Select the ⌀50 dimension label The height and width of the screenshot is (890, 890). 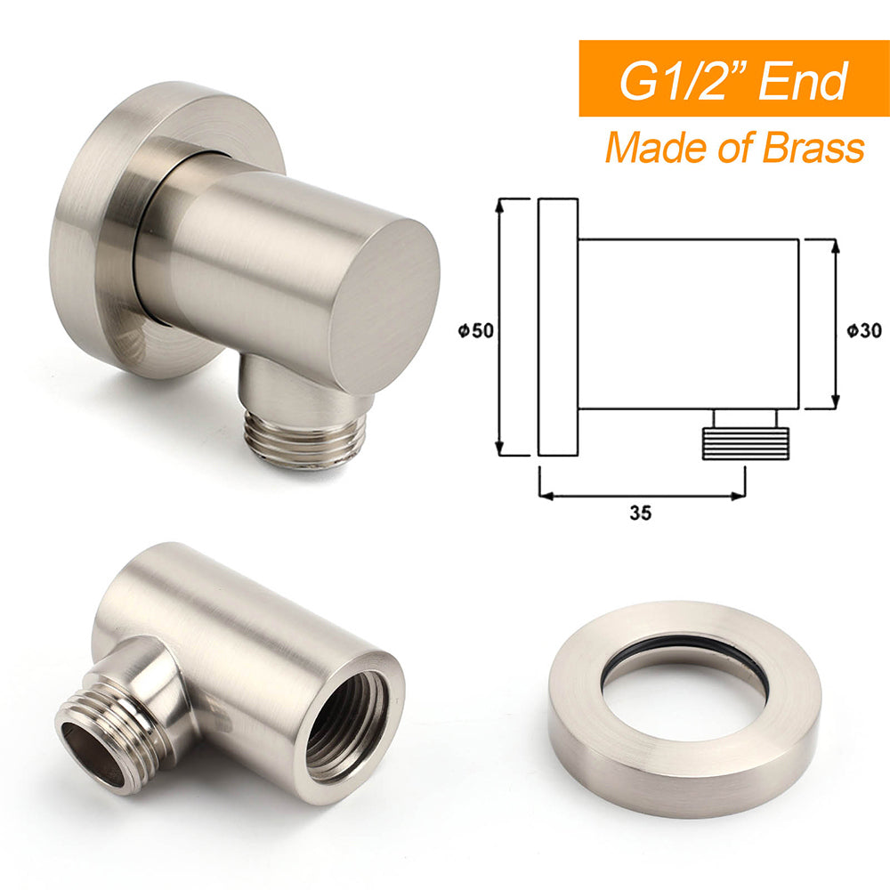(476, 330)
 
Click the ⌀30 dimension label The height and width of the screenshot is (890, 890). (863, 330)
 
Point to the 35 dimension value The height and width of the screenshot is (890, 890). (639, 513)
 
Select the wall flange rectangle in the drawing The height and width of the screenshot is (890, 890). (558, 328)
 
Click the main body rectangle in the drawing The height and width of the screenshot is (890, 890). (688, 324)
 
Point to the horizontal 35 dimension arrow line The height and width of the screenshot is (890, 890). (641, 494)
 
